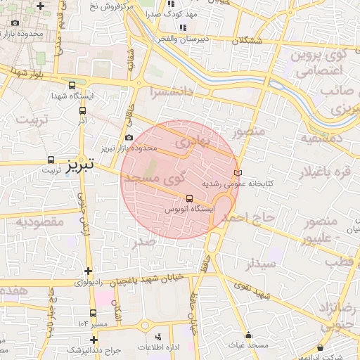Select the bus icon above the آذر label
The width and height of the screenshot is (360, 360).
[x=82, y=110]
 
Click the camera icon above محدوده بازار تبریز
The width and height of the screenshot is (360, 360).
[x=128, y=138]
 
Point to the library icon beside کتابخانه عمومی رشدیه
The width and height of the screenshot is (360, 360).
[x=237, y=172]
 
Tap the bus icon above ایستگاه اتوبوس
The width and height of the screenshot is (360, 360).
[x=188, y=198]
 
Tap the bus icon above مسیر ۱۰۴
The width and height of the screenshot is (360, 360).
[x=93, y=312]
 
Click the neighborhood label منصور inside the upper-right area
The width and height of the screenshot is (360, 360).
[x=247, y=131]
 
